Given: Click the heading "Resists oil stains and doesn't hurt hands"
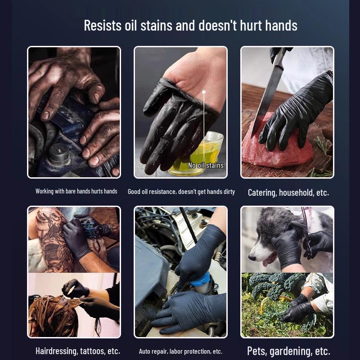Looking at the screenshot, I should point(190,26).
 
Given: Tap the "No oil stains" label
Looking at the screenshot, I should point(206,165).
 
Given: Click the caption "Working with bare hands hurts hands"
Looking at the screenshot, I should point(76,191).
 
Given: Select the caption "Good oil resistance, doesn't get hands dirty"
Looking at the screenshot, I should point(181,192).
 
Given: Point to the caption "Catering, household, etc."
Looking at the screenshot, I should point(288,193).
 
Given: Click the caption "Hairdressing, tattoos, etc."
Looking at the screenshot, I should point(77,351).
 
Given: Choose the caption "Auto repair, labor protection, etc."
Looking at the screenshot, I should point(180,351).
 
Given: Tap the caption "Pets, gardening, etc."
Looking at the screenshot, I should point(288,351).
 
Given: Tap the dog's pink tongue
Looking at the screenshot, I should point(269,262).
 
